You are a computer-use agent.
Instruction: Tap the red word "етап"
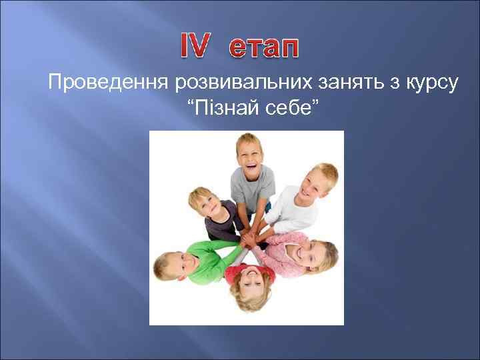(264, 48)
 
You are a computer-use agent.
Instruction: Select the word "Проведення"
(108, 83)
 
